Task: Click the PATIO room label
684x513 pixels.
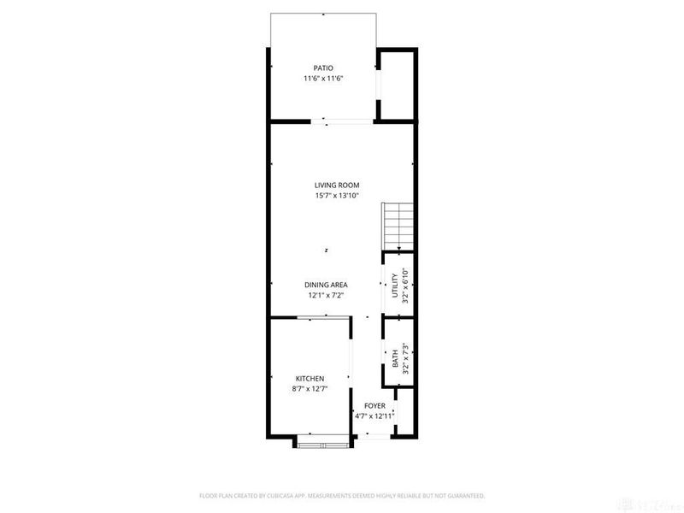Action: (x=322, y=68)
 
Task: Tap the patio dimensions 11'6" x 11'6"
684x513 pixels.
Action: (x=322, y=79)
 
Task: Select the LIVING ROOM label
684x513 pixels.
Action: (x=336, y=185)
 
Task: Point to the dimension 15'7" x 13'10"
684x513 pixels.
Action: (x=336, y=196)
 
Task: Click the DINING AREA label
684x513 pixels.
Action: (x=326, y=285)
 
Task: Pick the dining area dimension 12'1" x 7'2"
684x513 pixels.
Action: (x=326, y=296)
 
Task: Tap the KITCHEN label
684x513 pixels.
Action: (x=310, y=378)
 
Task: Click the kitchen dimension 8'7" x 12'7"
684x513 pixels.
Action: (x=310, y=389)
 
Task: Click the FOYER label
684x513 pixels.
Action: (x=374, y=405)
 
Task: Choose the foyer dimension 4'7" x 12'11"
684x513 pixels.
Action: (x=374, y=416)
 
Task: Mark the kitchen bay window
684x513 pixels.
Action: (x=322, y=442)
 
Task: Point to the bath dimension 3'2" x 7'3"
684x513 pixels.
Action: (x=405, y=360)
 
